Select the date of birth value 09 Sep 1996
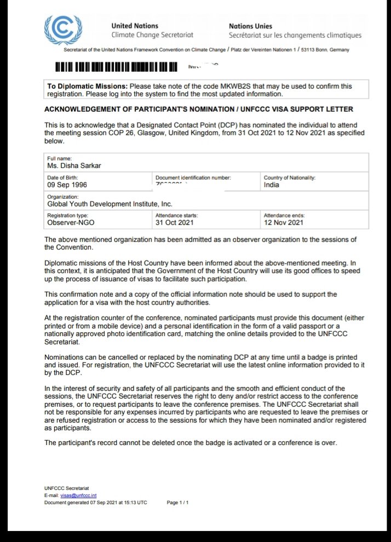pos(68,185)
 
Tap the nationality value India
pos(272,185)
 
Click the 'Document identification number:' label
pos(193,178)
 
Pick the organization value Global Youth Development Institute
pos(110,204)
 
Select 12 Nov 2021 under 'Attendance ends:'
pos(283,223)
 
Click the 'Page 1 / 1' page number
pos(177,502)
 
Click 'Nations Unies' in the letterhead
pos(250,26)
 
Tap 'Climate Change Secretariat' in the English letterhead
pos(152,35)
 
